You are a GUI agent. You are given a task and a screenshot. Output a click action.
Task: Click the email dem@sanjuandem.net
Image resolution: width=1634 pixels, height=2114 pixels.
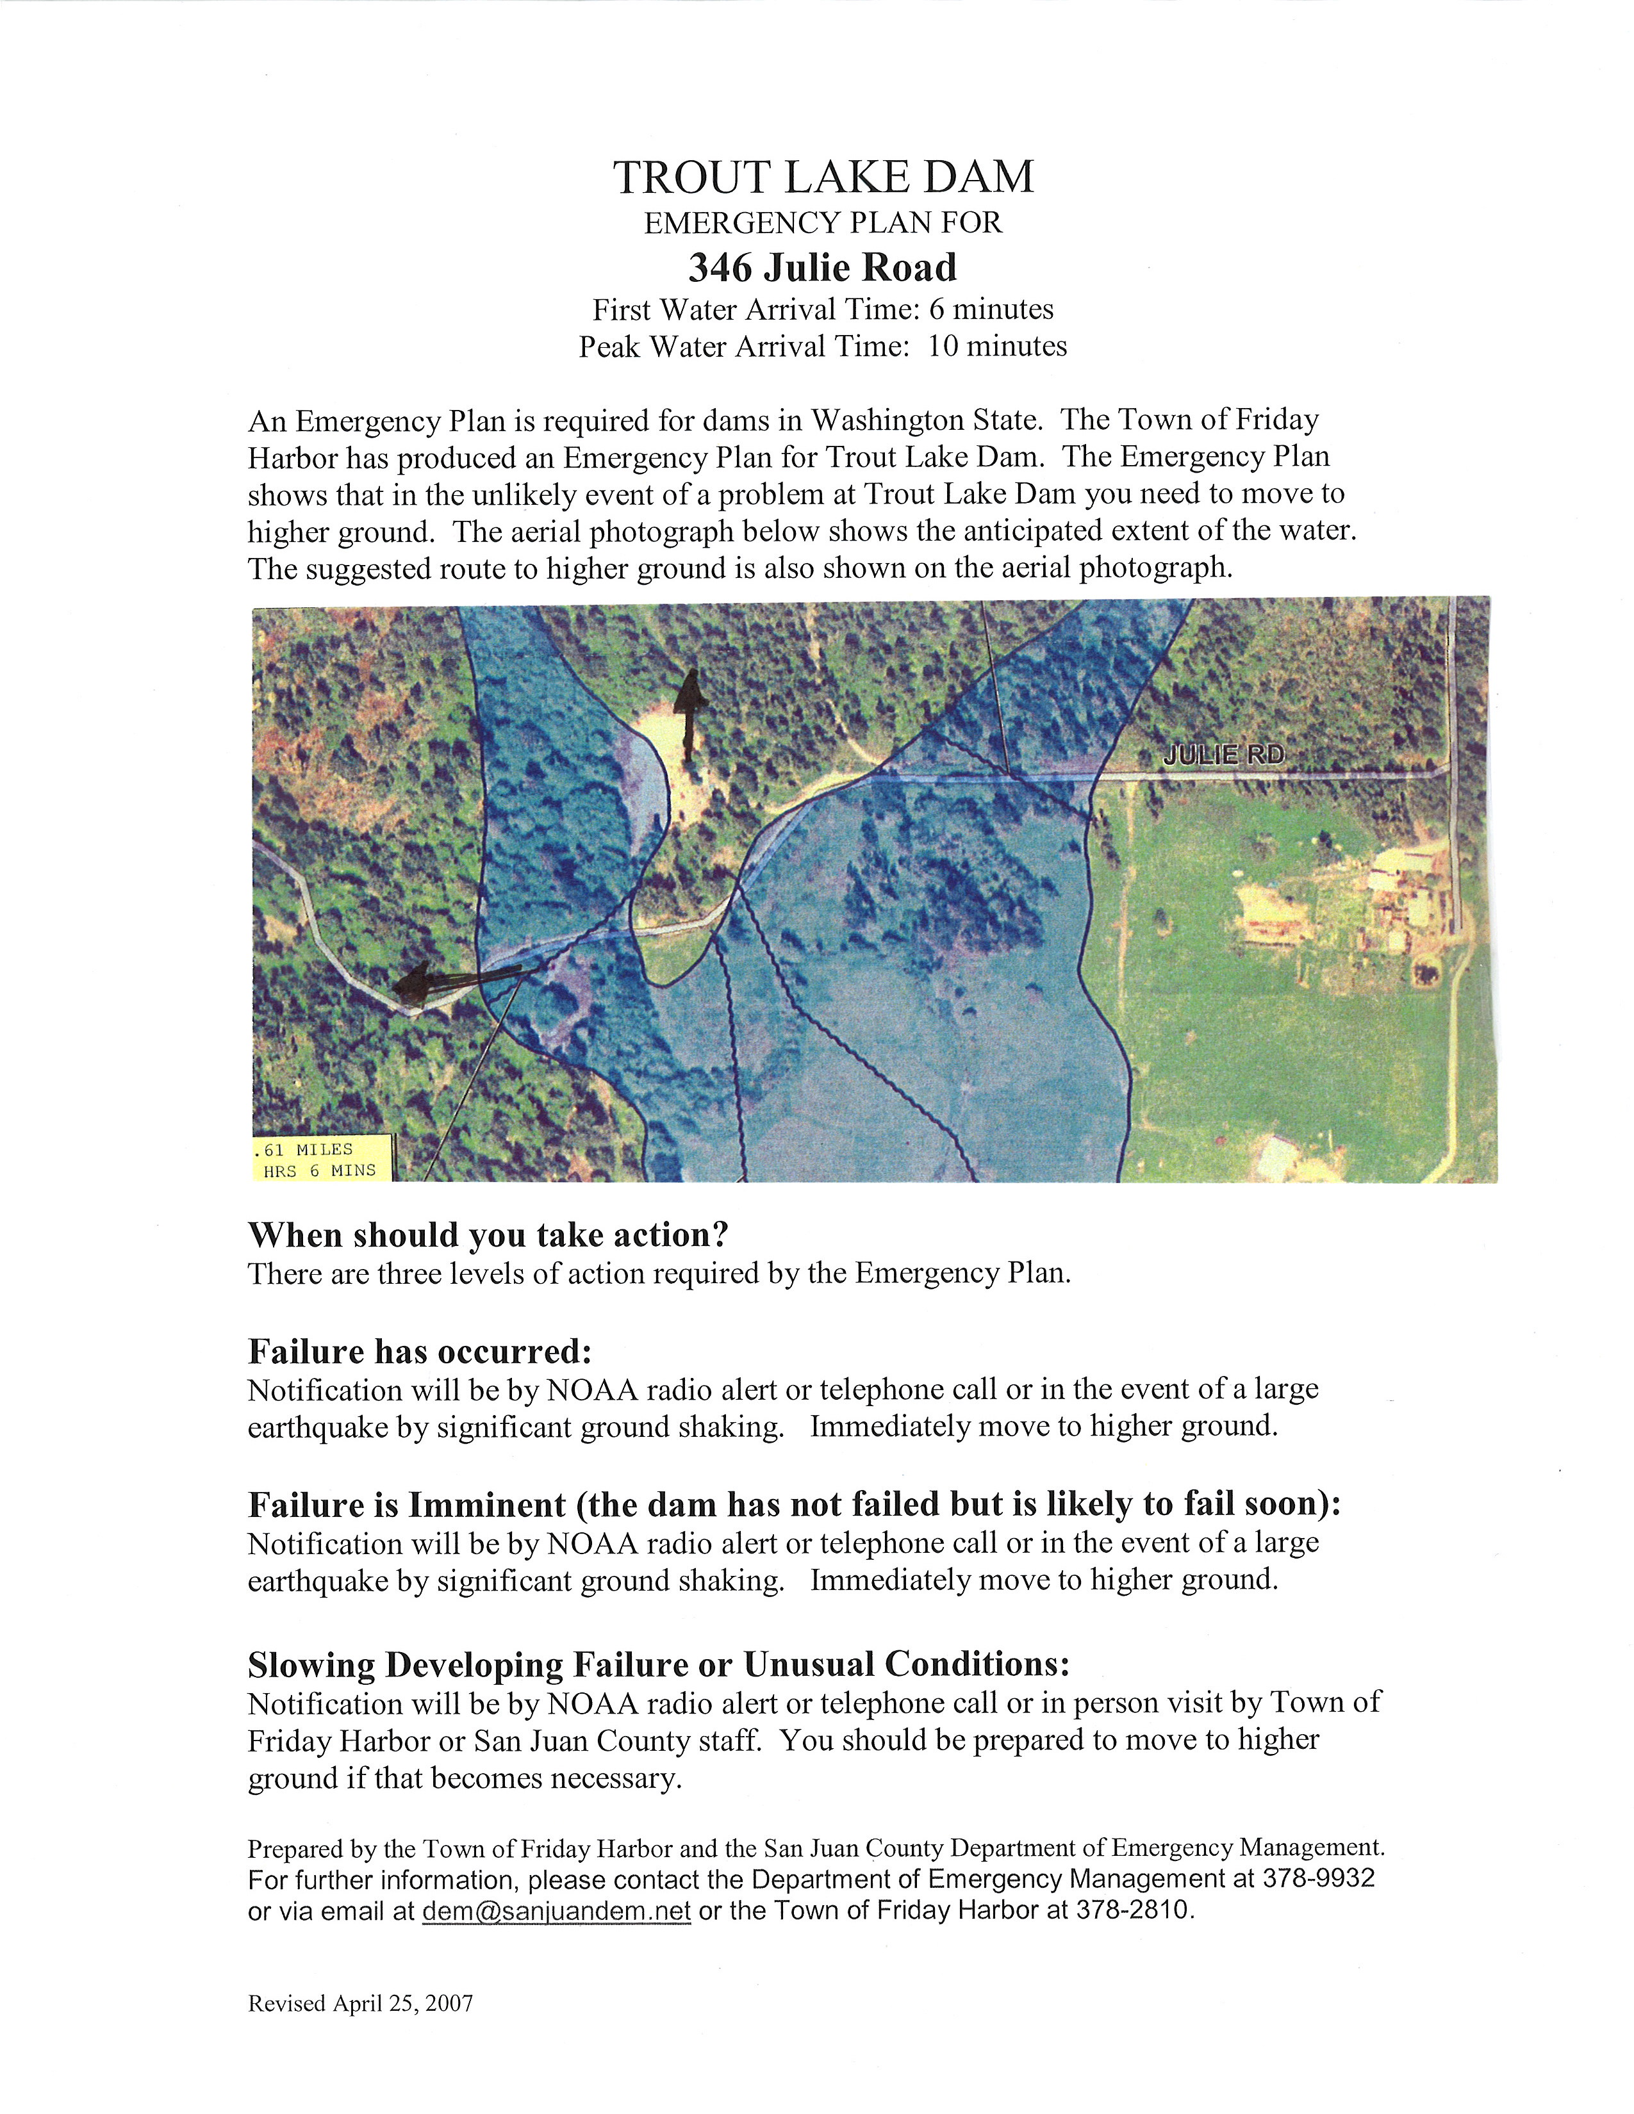click(557, 1910)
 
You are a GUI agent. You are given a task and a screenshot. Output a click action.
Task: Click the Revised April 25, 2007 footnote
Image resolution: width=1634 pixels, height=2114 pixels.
click(360, 2003)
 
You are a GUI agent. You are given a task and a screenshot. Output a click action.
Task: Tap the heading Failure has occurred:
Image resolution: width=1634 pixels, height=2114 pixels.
click(419, 1350)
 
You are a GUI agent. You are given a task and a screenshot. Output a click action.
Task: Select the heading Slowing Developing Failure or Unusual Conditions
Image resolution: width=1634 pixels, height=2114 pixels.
click(658, 1664)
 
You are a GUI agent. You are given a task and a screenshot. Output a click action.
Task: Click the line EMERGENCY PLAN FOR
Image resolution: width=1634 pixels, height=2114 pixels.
click(823, 224)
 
